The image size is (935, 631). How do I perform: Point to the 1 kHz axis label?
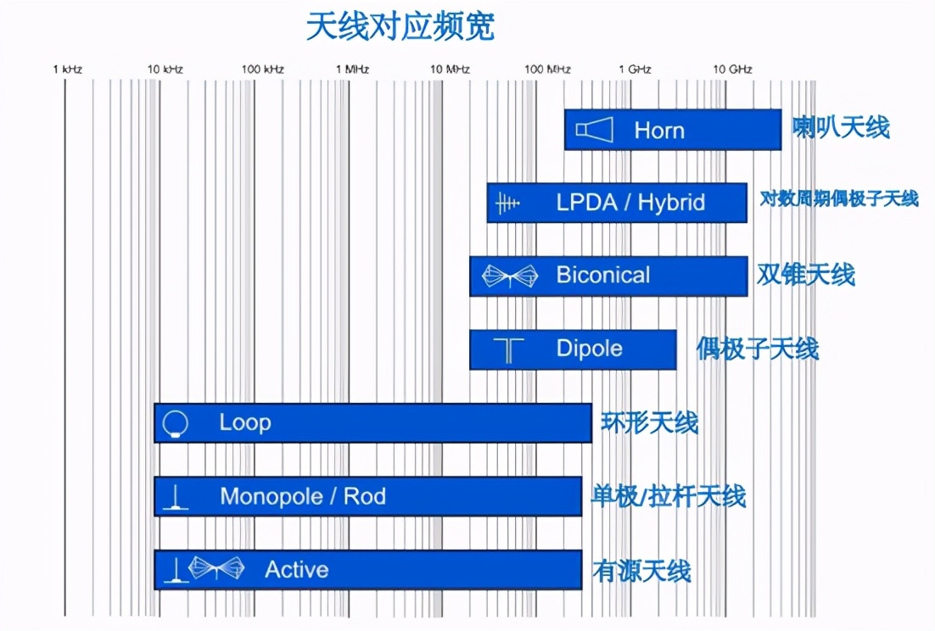tap(68, 70)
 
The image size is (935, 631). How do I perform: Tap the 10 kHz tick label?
tap(165, 70)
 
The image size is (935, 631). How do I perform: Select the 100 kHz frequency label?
tap(262, 70)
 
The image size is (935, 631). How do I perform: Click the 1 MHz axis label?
tap(352, 70)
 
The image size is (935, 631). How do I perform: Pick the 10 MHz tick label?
tap(449, 70)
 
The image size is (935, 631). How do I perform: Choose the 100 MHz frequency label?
tap(547, 70)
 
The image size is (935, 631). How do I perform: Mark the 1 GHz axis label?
tap(635, 70)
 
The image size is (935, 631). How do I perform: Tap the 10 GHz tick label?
tap(731, 70)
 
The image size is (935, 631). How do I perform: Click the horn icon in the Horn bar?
tap(594, 130)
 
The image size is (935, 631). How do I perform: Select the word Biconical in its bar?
tap(602, 276)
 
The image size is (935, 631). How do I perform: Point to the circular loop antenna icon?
tap(176, 423)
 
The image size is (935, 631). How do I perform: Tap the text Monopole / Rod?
tap(302, 496)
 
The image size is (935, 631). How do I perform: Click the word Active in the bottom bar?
tap(296, 569)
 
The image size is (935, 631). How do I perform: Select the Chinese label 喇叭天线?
tap(841, 129)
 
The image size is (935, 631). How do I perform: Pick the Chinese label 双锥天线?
tap(805, 275)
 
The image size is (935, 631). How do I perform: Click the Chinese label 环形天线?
tap(650, 422)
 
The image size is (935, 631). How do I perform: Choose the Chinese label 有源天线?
tap(642, 570)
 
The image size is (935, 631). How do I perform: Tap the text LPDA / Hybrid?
tap(630, 203)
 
